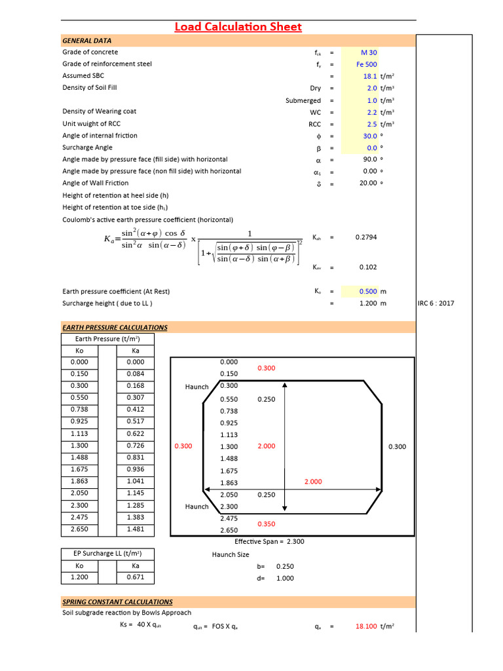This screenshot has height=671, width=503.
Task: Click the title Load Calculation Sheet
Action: pos(238,27)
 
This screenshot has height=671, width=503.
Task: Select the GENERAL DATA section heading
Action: pos(86,41)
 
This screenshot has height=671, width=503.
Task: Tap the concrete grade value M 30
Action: pos(369,52)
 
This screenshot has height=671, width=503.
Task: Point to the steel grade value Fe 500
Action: pos(366,64)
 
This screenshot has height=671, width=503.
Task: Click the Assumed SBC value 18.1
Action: pos(370,76)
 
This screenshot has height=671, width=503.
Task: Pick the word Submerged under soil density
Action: pos(303,100)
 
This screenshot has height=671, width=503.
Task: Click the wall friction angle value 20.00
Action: pos(368,183)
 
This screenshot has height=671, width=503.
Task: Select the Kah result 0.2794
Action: pos(366,237)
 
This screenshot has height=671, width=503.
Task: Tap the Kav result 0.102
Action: pos(368,267)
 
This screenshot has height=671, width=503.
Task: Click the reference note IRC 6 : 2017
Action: pos(436,303)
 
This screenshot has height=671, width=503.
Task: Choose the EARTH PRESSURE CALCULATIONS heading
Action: pos(115,327)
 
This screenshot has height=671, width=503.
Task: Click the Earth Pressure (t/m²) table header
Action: pos(107,339)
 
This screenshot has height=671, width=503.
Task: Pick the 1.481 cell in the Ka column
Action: pos(136,529)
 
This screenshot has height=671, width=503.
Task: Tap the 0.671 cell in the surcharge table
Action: pos(136,577)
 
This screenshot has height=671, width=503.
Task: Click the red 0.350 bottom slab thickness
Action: pos(267,524)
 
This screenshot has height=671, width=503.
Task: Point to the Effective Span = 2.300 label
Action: pos(269,541)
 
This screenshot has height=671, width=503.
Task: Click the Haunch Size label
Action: pos(230,554)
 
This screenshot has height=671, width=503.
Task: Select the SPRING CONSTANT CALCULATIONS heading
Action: pos(117,602)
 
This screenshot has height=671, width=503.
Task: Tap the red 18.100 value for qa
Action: pos(366,626)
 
